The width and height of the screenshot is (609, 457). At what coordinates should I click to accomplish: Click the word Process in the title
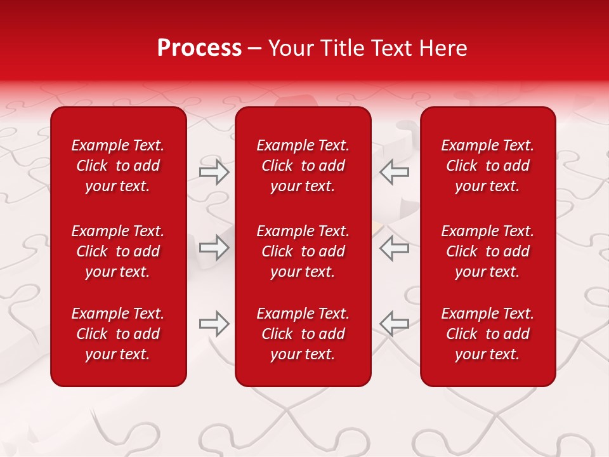coord(199,48)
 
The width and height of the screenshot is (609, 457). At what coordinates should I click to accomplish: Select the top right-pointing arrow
coord(214,172)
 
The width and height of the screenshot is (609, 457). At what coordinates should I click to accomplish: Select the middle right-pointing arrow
coord(214,247)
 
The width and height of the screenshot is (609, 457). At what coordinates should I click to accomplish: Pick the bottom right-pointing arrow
coord(214,324)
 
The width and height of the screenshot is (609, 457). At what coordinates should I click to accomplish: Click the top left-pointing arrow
coord(394,172)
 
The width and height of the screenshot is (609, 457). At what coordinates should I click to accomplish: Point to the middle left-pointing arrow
coord(394,247)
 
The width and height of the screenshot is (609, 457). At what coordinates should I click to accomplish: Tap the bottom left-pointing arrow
coord(394,324)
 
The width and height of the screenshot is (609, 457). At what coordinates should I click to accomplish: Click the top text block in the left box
coord(118,166)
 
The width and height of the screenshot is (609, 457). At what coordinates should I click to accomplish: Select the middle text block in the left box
coord(118,251)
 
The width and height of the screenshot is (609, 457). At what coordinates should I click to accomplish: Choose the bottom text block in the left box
coord(118,334)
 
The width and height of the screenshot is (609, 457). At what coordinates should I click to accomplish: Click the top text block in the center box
coord(303,166)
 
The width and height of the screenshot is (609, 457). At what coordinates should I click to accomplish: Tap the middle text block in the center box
coord(303,251)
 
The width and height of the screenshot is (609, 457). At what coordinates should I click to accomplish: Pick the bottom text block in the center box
coord(303,334)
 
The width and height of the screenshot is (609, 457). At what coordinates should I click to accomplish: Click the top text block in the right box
coord(488,166)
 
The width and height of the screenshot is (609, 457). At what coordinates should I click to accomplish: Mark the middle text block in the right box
coord(488,251)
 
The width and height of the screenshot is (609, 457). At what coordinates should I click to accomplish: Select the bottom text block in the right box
coord(488,334)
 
